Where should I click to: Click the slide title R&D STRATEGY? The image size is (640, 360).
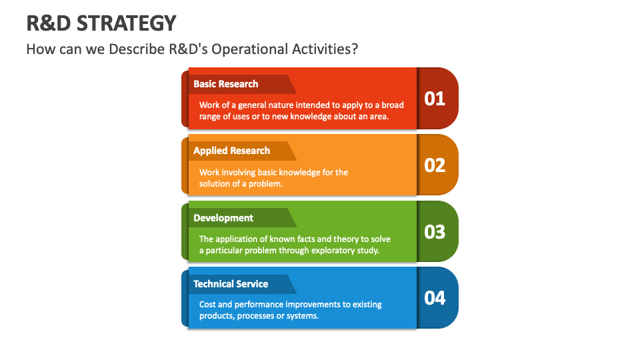(101, 23)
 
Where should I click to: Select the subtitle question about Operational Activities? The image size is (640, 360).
(192, 49)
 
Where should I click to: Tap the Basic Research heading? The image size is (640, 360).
(225, 84)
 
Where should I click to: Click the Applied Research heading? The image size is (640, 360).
(231, 151)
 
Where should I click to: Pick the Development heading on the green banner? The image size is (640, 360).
(223, 218)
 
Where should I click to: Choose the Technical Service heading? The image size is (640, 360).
(231, 284)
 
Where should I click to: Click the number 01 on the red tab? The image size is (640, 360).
(435, 99)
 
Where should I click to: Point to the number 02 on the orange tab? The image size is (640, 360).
(435, 165)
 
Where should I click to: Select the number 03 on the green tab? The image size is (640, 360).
(435, 231)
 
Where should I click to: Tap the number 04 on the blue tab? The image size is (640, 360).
(435, 297)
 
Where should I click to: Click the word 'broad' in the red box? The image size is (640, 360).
(393, 105)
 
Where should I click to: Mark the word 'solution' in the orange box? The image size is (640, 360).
(215, 184)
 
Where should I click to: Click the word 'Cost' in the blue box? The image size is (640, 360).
(208, 305)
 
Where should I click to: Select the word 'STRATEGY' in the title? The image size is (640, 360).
(127, 23)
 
